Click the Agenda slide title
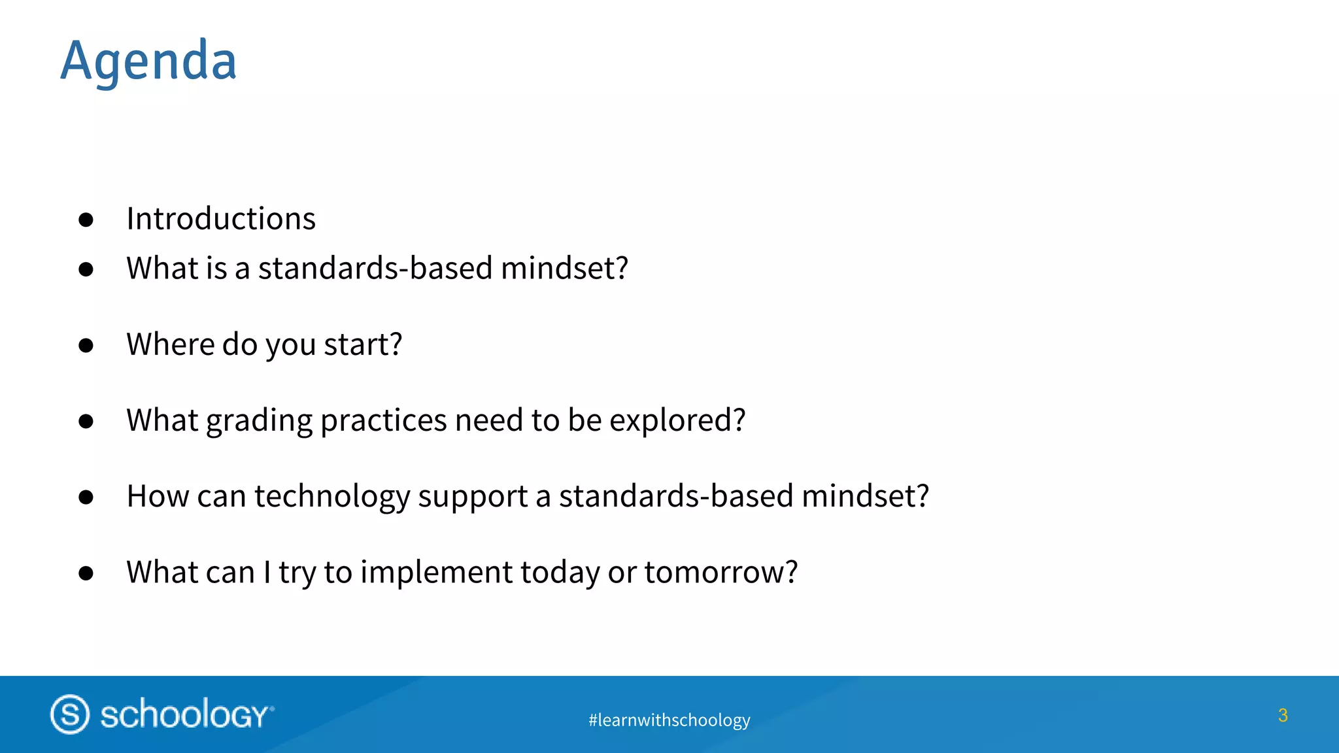point(148,61)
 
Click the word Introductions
point(221,218)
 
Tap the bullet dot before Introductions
point(86,220)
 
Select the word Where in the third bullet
point(170,344)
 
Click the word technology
point(332,497)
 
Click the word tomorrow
point(720,573)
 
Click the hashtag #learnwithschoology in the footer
point(669,720)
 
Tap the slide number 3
point(1282,715)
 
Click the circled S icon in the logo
point(70,714)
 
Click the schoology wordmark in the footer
point(186,714)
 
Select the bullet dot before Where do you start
point(86,346)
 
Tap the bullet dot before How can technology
point(86,497)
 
